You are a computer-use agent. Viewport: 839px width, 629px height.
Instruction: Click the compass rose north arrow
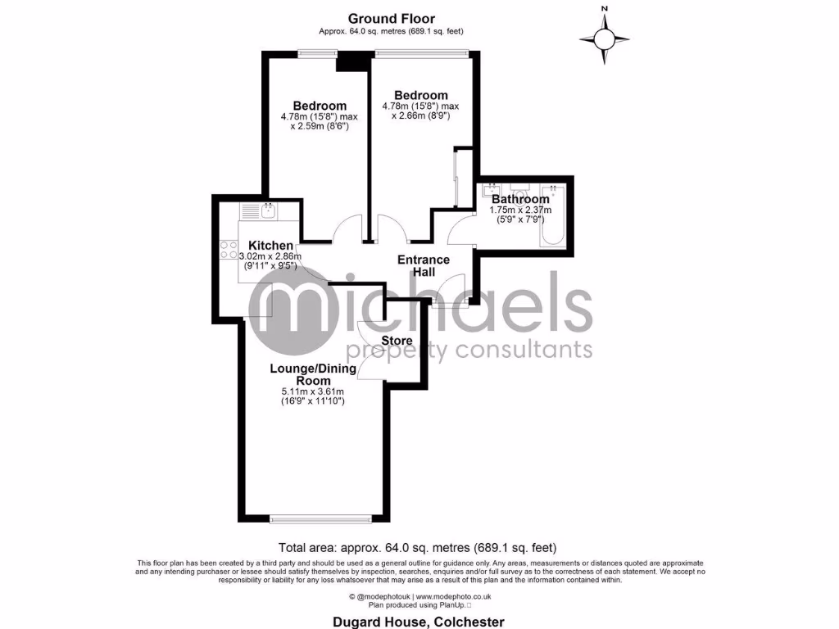click(605, 38)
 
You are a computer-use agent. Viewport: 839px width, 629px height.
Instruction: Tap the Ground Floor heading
click(391, 19)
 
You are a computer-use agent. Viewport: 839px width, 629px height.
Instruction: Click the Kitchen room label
click(270, 246)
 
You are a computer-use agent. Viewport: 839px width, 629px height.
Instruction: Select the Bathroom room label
click(520, 199)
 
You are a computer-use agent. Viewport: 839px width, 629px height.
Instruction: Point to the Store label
click(397, 341)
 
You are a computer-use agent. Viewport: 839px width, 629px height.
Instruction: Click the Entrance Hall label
click(424, 265)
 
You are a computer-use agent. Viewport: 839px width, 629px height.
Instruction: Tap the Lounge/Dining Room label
click(313, 374)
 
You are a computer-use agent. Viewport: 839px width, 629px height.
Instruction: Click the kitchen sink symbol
click(267, 210)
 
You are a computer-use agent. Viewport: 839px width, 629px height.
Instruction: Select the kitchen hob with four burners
click(229, 250)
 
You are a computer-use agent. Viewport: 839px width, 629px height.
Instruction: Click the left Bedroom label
click(320, 106)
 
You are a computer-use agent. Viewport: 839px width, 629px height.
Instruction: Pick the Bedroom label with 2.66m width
click(420, 95)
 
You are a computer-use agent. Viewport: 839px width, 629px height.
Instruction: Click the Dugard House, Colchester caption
click(419, 622)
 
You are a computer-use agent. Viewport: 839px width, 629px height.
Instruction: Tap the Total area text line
click(419, 548)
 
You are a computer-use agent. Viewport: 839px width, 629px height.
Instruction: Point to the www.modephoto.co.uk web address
click(451, 596)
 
